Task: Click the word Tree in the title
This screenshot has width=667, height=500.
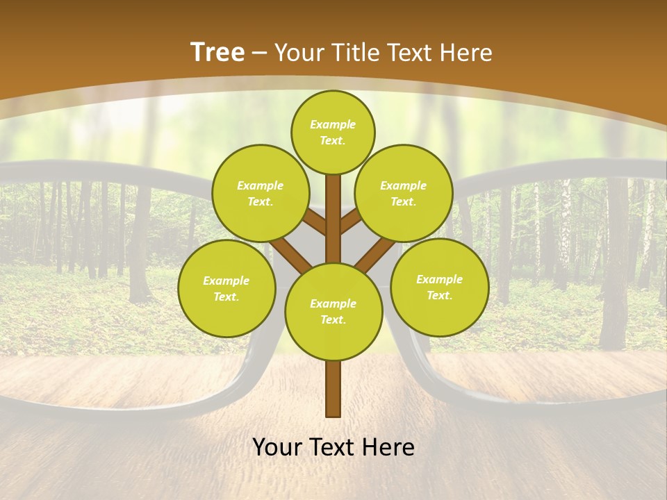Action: (x=217, y=53)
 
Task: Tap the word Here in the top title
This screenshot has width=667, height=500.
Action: (x=466, y=53)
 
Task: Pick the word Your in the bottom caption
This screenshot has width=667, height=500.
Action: (x=277, y=448)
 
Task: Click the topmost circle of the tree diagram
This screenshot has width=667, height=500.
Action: (x=333, y=132)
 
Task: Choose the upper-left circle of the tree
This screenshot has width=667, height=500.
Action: (x=260, y=193)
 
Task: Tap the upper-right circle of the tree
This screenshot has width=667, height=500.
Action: (x=403, y=193)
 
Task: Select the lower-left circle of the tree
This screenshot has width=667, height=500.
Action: (x=226, y=288)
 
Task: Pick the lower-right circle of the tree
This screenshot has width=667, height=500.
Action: (x=439, y=287)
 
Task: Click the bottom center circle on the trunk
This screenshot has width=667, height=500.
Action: (x=333, y=311)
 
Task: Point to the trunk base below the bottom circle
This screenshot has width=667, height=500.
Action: (x=333, y=389)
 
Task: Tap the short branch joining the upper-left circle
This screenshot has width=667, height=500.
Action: (x=314, y=222)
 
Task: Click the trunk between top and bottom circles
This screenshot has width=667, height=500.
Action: (x=333, y=208)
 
